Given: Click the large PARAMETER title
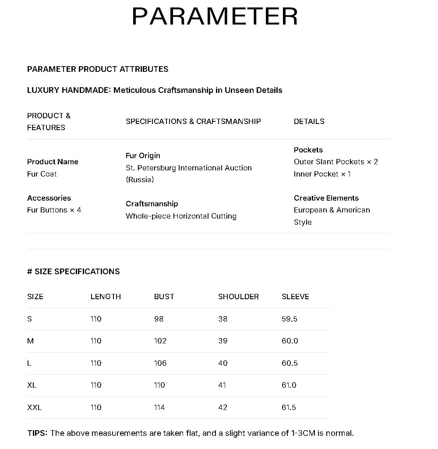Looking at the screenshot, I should [x=215, y=17].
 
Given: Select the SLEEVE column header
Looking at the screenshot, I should [x=295, y=297].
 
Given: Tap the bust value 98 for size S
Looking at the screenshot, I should [x=159, y=319].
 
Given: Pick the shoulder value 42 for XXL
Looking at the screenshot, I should [x=223, y=407].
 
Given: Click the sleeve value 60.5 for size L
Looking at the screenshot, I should [x=290, y=363].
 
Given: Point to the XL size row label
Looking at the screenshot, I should [x=32, y=385].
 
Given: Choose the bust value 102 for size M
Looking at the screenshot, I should [x=160, y=341].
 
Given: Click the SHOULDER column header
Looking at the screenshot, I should [x=238, y=297].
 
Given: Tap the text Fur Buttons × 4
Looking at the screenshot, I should [x=54, y=210].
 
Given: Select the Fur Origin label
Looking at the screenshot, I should [x=143, y=156].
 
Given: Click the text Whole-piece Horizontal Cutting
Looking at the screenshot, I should [x=181, y=216].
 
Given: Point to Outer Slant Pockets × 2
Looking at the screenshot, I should [x=336, y=162].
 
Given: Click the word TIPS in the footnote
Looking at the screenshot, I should [x=37, y=433].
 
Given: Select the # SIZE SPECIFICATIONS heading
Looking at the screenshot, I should [x=73, y=272].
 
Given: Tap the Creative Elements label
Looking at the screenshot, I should [x=326, y=198].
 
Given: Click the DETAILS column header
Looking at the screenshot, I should [x=309, y=121].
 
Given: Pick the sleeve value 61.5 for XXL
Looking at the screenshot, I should [x=289, y=407].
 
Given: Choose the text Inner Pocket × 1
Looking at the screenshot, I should [x=322, y=174].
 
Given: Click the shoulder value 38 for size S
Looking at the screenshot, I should [x=223, y=319].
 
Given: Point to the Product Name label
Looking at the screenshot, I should [x=53, y=162].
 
